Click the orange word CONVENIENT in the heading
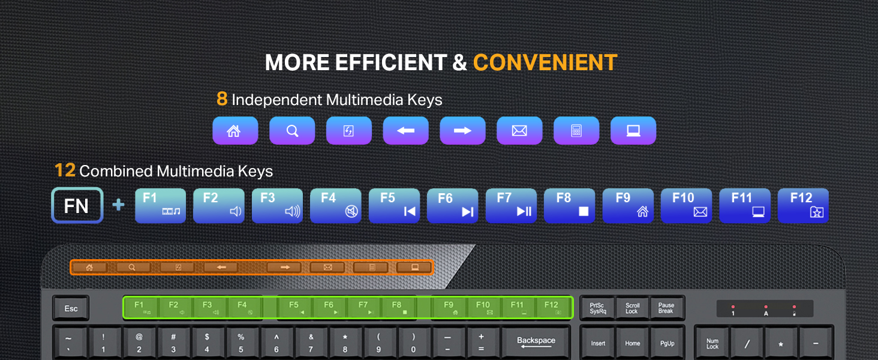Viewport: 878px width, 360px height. (545, 63)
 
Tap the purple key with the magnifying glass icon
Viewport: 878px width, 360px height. (292, 131)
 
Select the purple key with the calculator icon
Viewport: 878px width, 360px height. (576, 131)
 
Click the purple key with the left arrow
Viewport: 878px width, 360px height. (405, 131)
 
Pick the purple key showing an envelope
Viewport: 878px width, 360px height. (519, 131)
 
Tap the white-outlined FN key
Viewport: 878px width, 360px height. (77, 205)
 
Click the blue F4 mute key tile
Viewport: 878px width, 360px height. (335, 206)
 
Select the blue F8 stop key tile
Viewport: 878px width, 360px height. (570, 206)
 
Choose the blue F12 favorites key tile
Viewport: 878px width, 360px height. (803, 206)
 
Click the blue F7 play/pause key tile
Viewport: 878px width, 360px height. (511, 206)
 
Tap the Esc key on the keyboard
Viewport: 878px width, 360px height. (71, 308)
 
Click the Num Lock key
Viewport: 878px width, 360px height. (712, 344)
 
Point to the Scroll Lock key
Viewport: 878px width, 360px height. (632, 308)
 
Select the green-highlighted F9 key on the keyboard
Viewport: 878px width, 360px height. (449, 307)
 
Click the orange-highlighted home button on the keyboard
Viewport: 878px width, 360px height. (89, 268)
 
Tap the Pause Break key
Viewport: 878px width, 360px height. (666, 308)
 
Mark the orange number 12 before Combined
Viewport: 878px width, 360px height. (65, 170)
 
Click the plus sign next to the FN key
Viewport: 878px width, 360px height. (118, 205)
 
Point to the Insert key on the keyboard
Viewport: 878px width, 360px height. (598, 344)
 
